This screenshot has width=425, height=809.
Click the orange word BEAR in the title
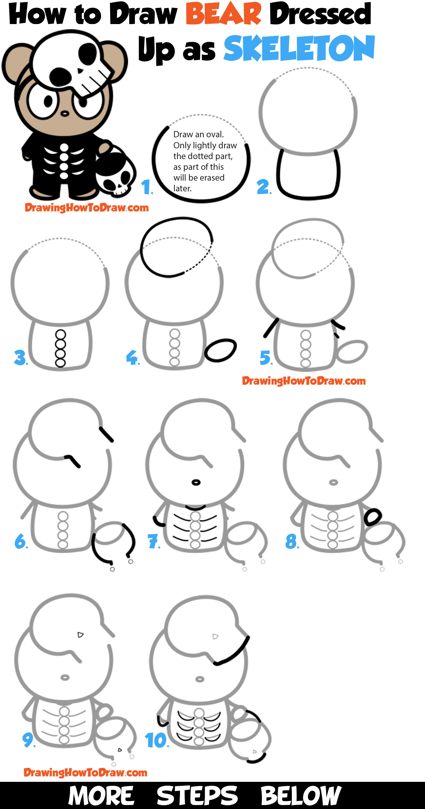tap(223, 14)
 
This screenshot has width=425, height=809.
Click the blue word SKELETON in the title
tap(299, 49)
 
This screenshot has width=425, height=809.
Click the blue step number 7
tap(153, 542)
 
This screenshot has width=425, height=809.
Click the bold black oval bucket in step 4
tap(220, 350)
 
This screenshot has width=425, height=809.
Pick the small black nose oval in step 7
tap(196, 482)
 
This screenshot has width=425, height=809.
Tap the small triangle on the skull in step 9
tap(80, 635)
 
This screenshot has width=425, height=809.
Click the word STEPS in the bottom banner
tap(197, 795)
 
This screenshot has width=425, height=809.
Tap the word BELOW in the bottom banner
tap(301, 795)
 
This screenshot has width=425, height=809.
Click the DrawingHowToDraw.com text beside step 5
tap(304, 381)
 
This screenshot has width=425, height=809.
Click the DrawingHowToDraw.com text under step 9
tap(86, 772)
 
